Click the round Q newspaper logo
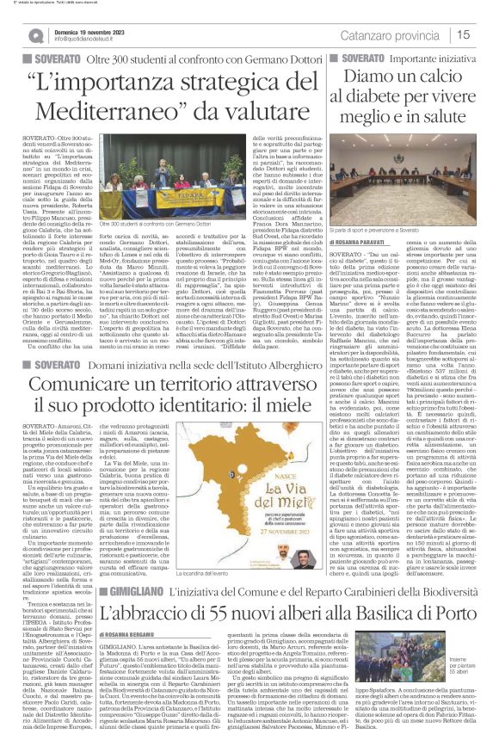pos(36,35)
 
